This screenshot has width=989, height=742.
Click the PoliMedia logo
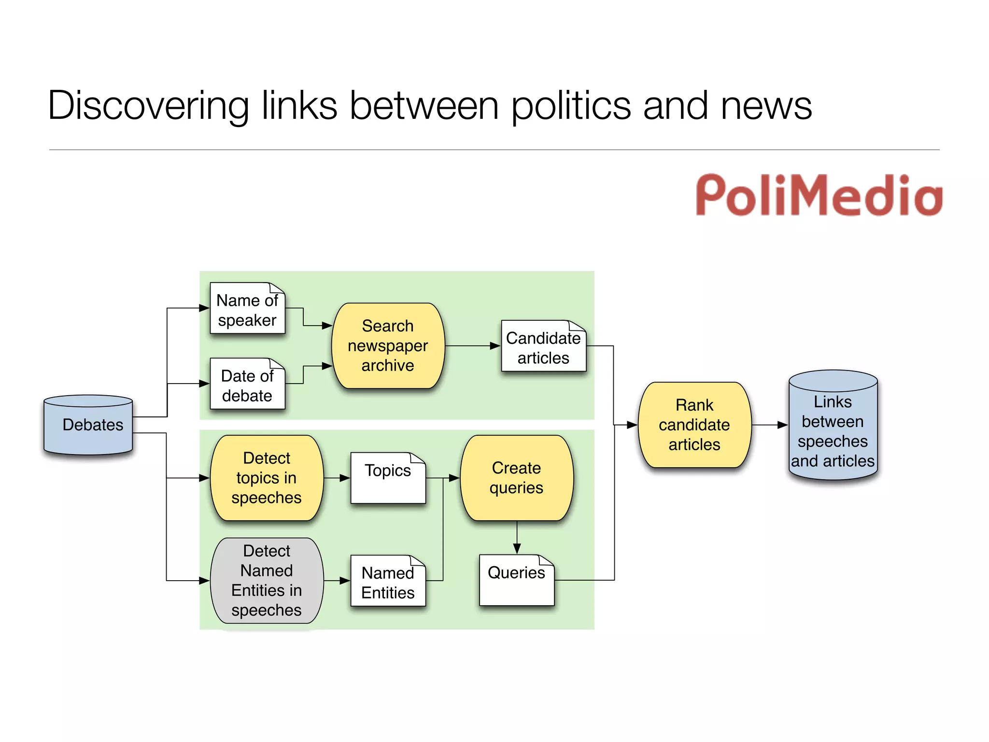pyautogui.click(x=819, y=196)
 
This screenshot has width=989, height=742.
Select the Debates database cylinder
pyautogui.click(x=88, y=425)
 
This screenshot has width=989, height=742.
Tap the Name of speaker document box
pyautogui.click(x=247, y=309)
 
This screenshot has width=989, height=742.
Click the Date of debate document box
pyautogui.click(x=247, y=385)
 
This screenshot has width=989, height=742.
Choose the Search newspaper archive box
pyautogui.click(x=388, y=346)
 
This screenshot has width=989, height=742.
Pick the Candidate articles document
pyautogui.click(x=543, y=347)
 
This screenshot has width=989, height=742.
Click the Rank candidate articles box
pyautogui.click(x=694, y=425)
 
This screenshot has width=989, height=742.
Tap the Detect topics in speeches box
pyautogui.click(x=267, y=478)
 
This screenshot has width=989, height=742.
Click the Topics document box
pyautogui.click(x=388, y=478)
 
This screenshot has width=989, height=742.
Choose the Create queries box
pyautogui.click(x=516, y=478)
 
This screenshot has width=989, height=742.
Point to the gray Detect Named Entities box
pyautogui.click(x=267, y=580)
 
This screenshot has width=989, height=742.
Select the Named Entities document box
pyautogui.click(x=388, y=582)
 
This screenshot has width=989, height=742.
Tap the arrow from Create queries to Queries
pyautogui.click(x=517, y=538)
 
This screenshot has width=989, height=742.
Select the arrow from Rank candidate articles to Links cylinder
pyautogui.click(x=770, y=425)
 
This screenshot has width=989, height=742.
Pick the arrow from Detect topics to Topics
pyautogui.click(x=337, y=478)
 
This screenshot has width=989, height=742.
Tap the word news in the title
pyautogui.click(x=766, y=106)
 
